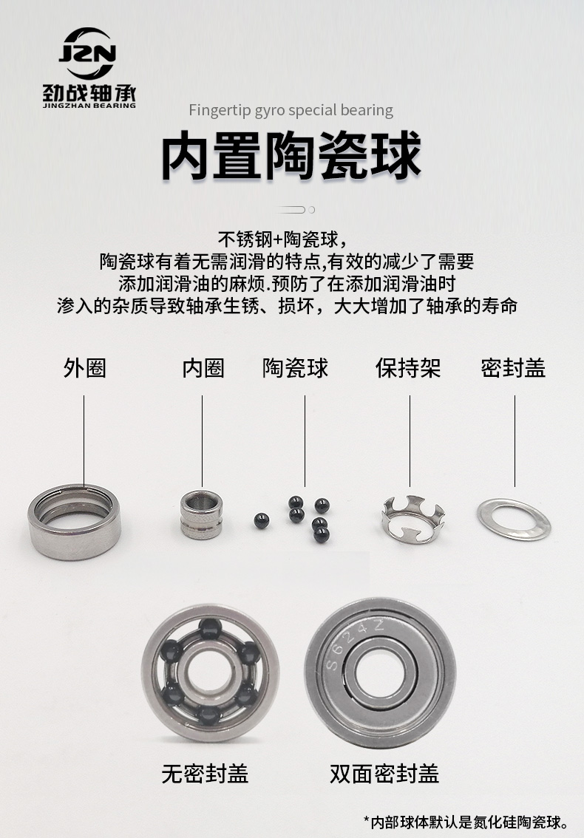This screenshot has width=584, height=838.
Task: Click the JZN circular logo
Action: click(x=88, y=53)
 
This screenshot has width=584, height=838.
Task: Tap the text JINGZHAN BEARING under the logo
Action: click(x=89, y=105)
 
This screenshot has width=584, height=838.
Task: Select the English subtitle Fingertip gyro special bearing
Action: click(x=291, y=110)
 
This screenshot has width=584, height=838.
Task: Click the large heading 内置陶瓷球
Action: click(x=291, y=155)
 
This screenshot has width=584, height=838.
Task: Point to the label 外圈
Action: click(x=84, y=368)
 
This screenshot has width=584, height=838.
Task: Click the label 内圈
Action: click(x=203, y=368)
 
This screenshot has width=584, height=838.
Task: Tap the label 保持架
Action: click(x=408, y=368)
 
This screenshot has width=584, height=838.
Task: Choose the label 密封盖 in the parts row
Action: click(x=514, y=368)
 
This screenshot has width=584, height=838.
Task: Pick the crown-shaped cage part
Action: click(x=412, y=520)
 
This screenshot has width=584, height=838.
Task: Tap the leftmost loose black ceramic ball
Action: click(x=261, y=521)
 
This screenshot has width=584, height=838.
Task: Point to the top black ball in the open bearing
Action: click(x=210, y=629)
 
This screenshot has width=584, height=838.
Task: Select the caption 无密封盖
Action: click(x=206, y=773)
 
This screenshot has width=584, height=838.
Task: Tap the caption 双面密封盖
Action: click(x=384, y=773)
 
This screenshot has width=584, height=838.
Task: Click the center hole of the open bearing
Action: click(x=210, y=671)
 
